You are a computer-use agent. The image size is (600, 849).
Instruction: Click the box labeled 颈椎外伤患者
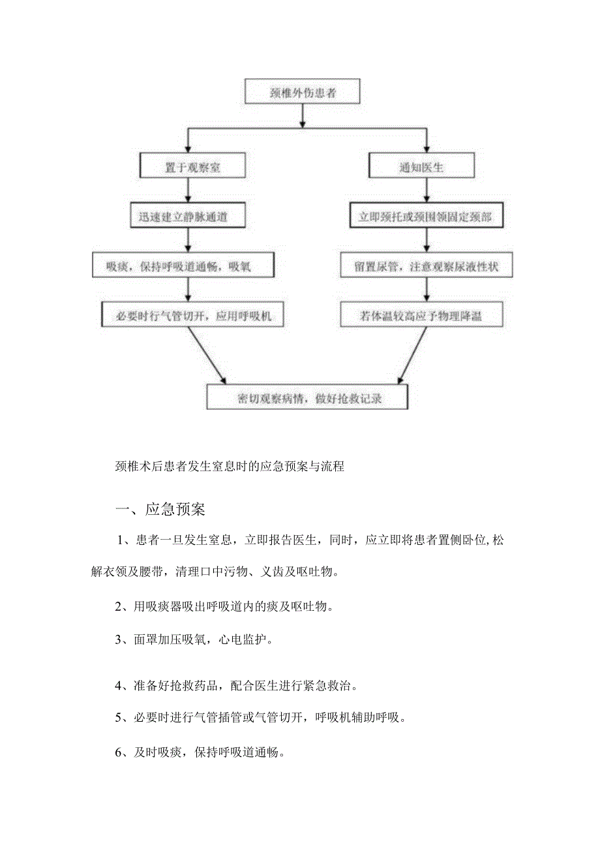(302, 92)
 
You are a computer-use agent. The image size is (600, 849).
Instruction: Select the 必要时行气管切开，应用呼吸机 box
(193, 316)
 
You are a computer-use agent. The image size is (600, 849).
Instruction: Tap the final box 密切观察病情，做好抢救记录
(307, 397)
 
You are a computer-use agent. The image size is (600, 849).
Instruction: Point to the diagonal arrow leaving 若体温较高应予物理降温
(408, 355)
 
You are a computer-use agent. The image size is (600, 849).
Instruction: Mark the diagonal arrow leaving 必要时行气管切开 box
(207, 355)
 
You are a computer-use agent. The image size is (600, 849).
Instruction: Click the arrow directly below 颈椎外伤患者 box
(302, 115)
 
